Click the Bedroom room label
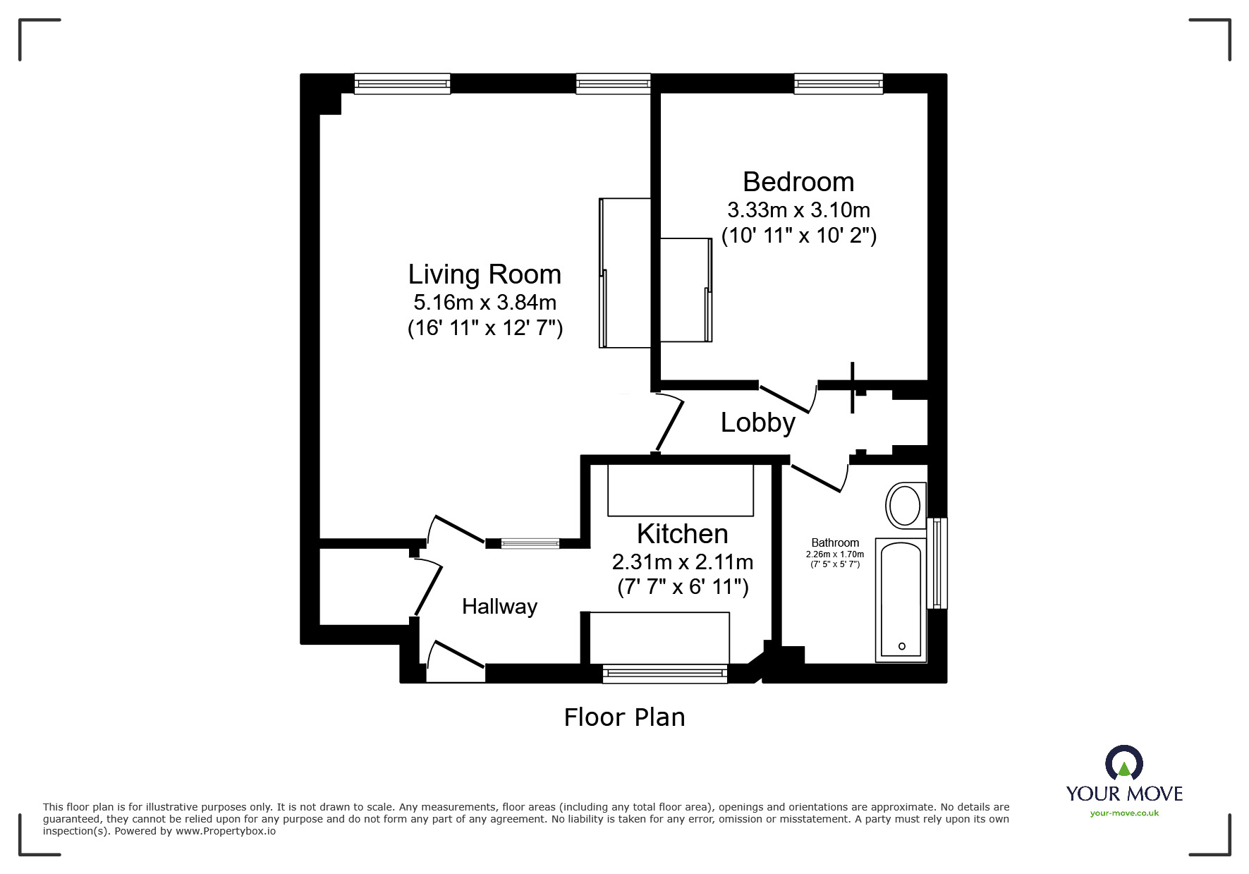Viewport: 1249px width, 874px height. pyautogui.click(x=798, y=182)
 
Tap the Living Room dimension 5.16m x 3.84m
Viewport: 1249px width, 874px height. pyautogui.click(x=485, y=303)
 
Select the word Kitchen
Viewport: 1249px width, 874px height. pyautogui.click(x=682, y=534)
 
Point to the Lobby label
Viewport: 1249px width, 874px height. pyautogui.click(x=757, y=423)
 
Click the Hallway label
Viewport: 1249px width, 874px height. pyautogui.click(x=499, y=607)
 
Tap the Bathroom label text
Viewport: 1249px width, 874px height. pyautogui.click(x=835, y=542)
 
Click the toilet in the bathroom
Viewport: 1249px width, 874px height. pyautogui.click(x=905, y=505)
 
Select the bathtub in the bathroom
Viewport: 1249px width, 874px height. pyautogui.click(x=901, y=600)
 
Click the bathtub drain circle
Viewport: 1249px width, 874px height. pyautogui.click(x=902, y=646)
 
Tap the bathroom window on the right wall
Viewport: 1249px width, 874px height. pyautogui.click(x=937, y=563)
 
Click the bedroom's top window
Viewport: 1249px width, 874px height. pyautogui.click(x=839, y=85)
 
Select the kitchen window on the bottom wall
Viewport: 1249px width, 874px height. pyautogui.click(x=664, y=674)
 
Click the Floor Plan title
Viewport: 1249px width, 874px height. pyautogui.click(x=624, y=717)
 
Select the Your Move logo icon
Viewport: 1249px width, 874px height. pyautogui.click(x=1123, y=763)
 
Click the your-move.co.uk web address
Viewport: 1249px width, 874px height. pyautogui.click(x=1124, y=813)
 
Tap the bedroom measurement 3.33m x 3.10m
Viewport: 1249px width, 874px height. pyautogui.click(x=798, y=210)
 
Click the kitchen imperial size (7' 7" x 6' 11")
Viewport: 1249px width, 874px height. pyautogui.click(x=682, y=587)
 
